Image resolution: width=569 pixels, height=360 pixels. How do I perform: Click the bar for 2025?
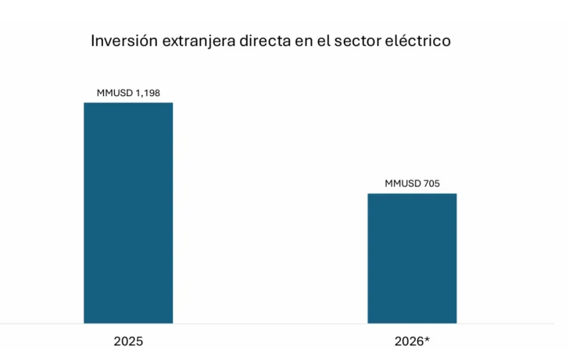(x=128, y=212)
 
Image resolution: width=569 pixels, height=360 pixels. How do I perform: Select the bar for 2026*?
(x=412, y=258)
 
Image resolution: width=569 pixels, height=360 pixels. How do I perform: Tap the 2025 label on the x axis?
(x=128, y=341)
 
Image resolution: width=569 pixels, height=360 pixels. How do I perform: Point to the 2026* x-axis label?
(x=412, y=341)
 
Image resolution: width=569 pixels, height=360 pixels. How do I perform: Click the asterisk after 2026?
(x=427, y=339)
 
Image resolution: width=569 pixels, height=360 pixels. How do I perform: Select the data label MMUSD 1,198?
(x=128, y=93)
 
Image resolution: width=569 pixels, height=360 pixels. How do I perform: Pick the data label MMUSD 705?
(x=412, y=184)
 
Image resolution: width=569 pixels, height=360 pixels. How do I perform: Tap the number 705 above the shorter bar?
(x=431, y=184)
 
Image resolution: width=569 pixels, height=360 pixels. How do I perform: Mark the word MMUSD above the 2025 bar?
(x=115, y=93)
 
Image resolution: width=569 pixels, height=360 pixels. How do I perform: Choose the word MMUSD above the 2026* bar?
(x=403, y=184)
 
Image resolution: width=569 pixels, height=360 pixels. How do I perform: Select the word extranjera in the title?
(x=196, y=41)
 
